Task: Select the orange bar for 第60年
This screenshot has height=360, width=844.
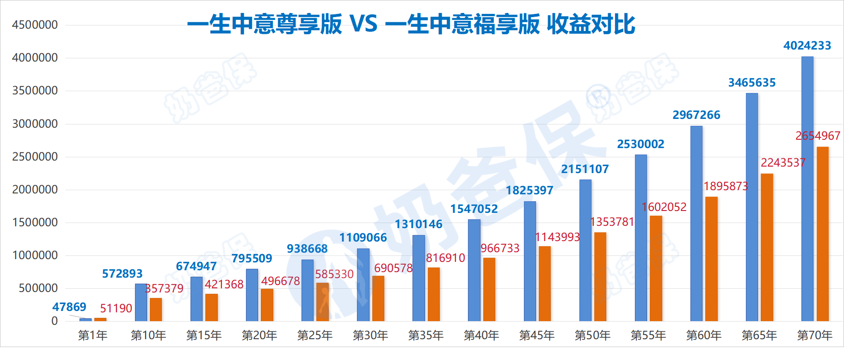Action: pos(711,259)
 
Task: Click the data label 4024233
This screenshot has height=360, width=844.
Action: pos(807,45)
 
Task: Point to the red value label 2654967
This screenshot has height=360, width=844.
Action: pos(818,136)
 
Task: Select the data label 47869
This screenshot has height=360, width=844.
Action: pos(69,307)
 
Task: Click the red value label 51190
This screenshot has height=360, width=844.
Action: pos(116,308)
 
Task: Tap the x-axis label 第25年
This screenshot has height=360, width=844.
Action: pos(314,335)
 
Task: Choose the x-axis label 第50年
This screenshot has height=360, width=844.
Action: pos(592,335)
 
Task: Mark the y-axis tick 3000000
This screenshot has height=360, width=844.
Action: pos(35,124)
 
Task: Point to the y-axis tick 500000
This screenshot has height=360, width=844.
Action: pos(38,288)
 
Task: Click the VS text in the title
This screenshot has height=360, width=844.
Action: pos(363,24)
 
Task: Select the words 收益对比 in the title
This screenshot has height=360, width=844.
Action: pos(591,24)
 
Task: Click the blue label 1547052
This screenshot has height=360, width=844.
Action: pos(474,209)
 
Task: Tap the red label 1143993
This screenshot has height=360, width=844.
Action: pos(557,237)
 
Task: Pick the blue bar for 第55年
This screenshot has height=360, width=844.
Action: pos(641,238)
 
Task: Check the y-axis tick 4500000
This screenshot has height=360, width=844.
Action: pos(35,25)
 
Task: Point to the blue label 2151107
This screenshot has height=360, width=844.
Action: pos(585,169)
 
